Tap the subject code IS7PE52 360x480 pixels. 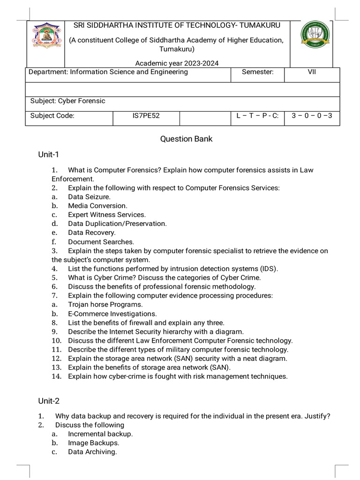146,116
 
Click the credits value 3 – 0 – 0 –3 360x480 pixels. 312,116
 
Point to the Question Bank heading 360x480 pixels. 186,139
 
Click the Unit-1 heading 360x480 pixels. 48,154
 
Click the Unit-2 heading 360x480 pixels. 49,401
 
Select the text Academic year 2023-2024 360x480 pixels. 177,63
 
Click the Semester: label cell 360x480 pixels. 257,72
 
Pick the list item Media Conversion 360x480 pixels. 97,206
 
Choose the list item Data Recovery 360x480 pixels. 91,232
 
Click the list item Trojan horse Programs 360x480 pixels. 98,305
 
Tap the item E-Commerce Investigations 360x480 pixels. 112,314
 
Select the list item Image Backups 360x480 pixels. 93,443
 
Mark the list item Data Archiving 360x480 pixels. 92,452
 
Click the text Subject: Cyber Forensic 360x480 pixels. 68,101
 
